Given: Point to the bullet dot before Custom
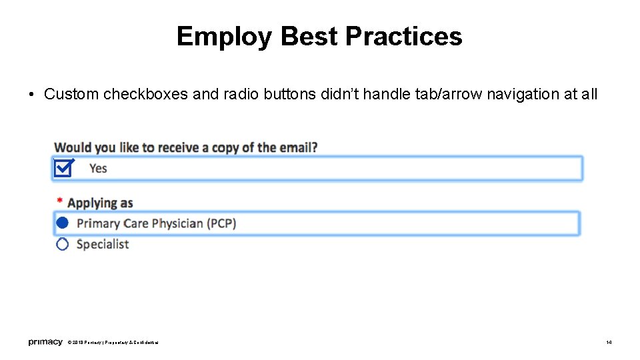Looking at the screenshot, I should click(32, 95).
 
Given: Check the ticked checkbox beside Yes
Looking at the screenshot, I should click(63, 168).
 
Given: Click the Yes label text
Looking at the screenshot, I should click(98, 169).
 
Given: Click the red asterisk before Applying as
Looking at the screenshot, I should click(60, 201).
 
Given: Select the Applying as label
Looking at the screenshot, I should click(100, 203).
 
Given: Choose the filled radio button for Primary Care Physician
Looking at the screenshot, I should click(62, 223).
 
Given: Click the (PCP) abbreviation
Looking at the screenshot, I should click(219, 223).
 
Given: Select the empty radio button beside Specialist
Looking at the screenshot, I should click(62, 244).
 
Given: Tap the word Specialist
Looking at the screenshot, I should click(103, 244).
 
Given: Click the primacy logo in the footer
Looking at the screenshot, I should click(45, 342).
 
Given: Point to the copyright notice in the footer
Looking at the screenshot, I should click(113, 343).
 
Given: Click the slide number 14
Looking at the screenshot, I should click(609, 343).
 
